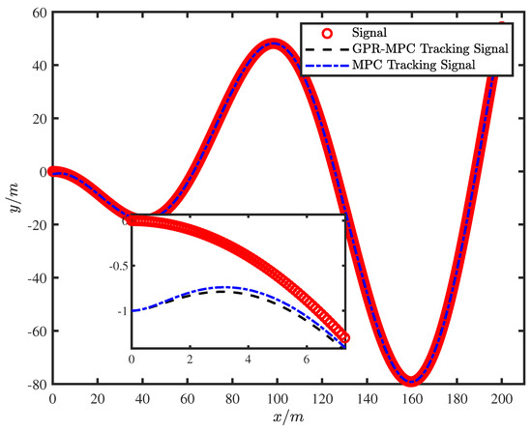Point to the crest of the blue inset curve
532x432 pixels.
224,287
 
